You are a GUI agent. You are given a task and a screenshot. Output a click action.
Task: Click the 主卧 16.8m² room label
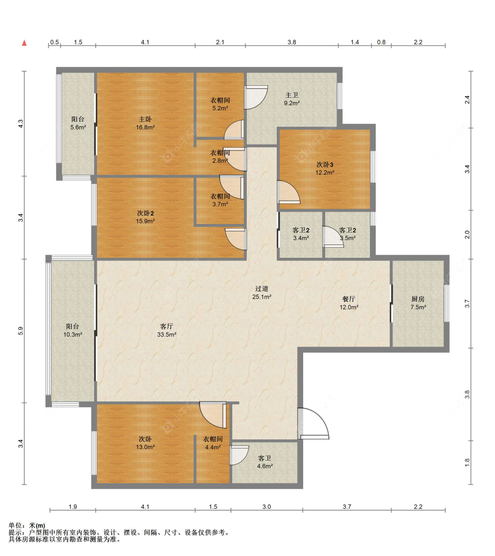coord(145,123)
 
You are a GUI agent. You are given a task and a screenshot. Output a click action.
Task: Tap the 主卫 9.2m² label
coord(292,99)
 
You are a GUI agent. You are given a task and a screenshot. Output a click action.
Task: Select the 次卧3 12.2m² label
coord(325,168)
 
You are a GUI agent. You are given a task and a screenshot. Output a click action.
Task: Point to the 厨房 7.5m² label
coord(418,303)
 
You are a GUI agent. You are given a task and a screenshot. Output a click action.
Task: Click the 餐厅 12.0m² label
coord(349,303)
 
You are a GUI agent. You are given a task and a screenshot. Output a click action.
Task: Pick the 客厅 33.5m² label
coord(167,330)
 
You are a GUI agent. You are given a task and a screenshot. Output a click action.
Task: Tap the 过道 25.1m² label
coord(262,293)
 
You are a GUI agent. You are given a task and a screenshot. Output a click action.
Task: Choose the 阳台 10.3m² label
coord(73,330)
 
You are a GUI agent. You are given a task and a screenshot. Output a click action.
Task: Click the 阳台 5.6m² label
coord(78,123)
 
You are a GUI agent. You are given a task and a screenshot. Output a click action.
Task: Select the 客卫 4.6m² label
coord(264,462)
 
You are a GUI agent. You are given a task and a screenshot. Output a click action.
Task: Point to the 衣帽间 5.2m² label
coord(220,104)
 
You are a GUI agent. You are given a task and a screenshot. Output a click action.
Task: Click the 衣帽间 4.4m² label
coord(213,443)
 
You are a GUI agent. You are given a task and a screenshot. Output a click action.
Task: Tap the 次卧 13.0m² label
coord(145,443)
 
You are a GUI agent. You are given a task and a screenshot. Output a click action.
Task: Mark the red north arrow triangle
coord(25,43)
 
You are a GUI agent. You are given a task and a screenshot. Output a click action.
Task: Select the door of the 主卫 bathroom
coord(256,97)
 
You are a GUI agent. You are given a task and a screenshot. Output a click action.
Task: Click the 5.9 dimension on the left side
coord(21,331)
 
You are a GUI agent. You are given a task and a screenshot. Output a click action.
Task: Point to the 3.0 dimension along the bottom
coord(267,507)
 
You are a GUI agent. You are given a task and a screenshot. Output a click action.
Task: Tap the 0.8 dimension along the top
coord(381,42)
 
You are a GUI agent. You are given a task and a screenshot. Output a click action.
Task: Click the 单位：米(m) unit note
coord(27,526)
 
